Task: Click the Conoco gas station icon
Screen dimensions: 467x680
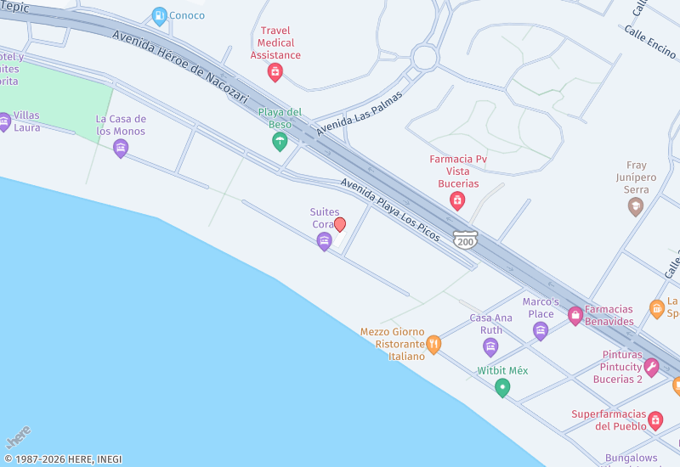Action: click(x=159, y=15)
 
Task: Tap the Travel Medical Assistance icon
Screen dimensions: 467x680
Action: click(x=275, y=72)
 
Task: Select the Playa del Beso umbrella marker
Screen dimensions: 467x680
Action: click(x=280, y=142)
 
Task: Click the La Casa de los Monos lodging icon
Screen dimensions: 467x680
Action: click(x=121, y=149)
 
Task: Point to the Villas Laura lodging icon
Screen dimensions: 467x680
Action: click(x=4, y=121)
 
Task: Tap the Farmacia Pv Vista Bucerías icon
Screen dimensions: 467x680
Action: click(x=457, y=200)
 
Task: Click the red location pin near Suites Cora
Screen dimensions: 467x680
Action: click(x=340, y=225)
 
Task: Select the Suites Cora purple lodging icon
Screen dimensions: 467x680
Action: click(x=324, y=242)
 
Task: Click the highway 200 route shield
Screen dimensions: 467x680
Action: click(x=465, y=240)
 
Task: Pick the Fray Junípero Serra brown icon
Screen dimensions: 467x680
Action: click(x=635, y=207)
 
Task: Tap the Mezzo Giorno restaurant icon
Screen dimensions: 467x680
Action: click(x=433, y=344)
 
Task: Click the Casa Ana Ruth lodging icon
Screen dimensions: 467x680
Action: click(x=490, y=346)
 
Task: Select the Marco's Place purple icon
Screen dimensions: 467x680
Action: click(x=540, y=330)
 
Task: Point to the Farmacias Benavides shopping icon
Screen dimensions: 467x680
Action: click(x=575, y=316)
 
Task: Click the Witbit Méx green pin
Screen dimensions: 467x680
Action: click(x=502, y=388)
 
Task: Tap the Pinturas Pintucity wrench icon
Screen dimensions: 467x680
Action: click(x=651, y=367)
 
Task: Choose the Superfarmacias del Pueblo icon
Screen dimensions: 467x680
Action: click(x=654, y=420)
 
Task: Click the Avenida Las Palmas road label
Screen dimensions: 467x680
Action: click(x=359, y=113)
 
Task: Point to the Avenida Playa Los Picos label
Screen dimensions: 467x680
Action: click(x=390, y=210)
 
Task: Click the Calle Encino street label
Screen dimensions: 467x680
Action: click(x=649, y=41)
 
